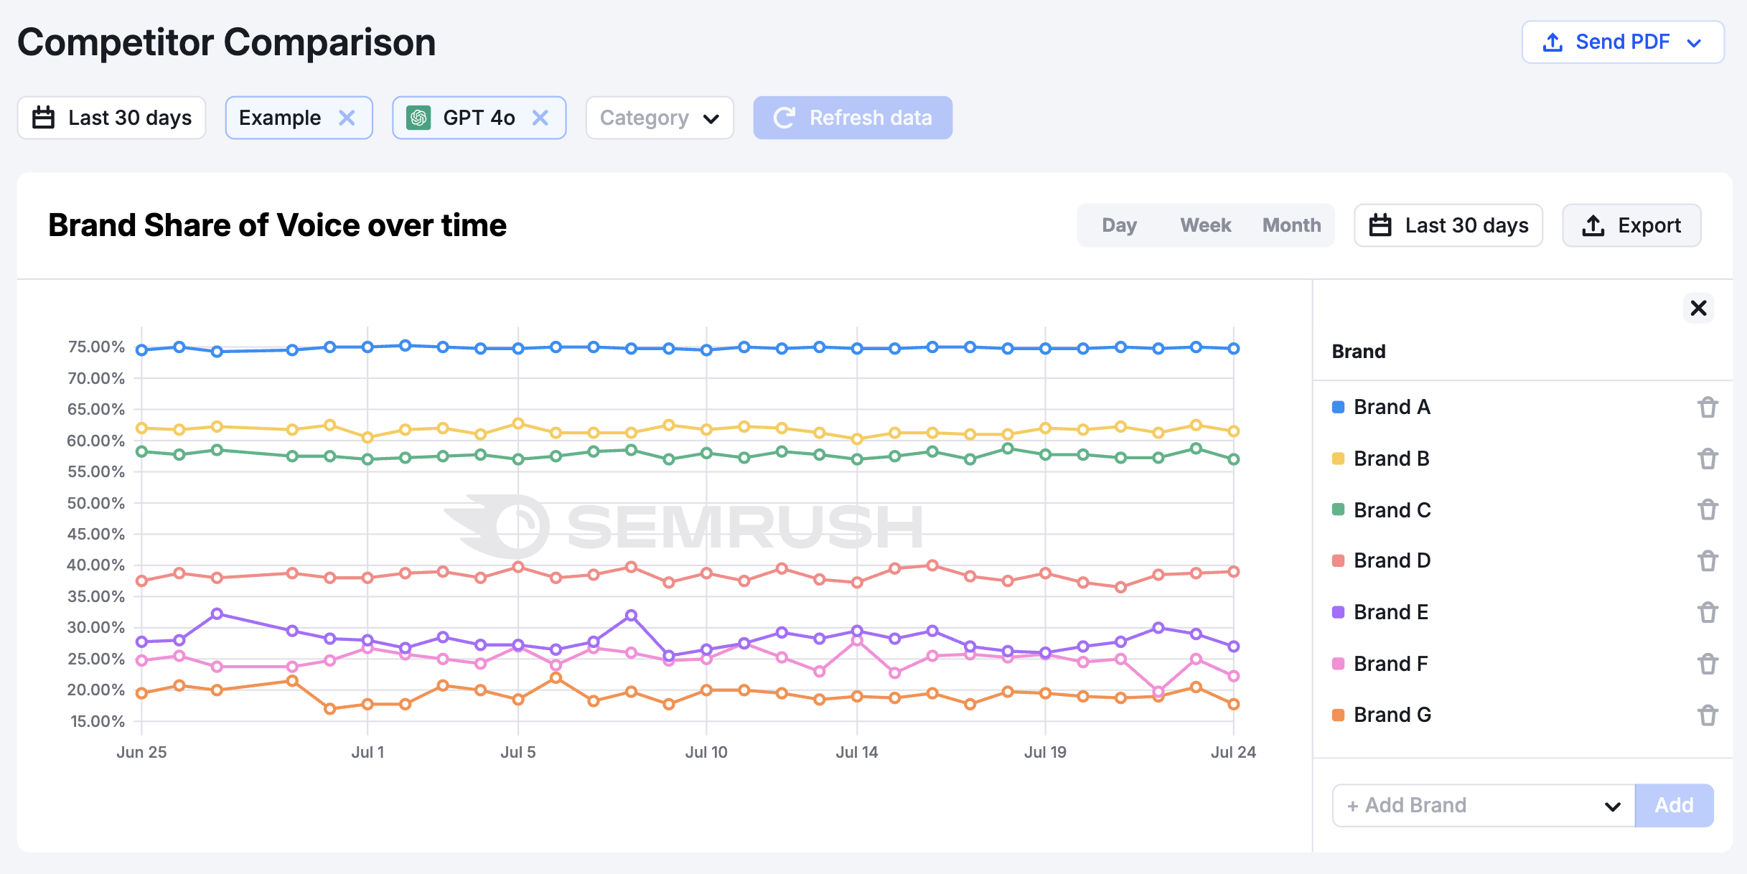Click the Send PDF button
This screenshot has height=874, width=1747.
point(1622,42)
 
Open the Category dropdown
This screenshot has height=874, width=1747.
point(659,118)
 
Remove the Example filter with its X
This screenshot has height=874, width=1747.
point(347,118)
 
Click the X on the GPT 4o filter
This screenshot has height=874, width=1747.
point(540,118)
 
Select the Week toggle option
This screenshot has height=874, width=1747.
point(1205,225)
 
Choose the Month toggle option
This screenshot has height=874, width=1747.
point(1291,225)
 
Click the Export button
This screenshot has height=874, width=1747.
point(1631,225)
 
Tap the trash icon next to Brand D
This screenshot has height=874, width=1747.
point(1708,560)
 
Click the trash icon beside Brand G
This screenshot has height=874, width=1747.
point(1708,715)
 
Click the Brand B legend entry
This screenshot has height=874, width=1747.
point(1390,459)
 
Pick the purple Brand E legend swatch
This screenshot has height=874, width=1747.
point(1338,612)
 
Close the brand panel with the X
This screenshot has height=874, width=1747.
point(1698,309)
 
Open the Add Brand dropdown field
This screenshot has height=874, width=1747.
point(1482,805)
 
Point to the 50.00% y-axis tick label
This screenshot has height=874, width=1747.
point(96,503)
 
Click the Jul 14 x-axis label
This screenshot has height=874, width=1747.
point(856,752)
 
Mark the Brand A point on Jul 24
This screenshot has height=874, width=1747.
point(1233,349)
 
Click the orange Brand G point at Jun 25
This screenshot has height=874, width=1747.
point(142,693)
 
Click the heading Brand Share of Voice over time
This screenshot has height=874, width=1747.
point(277,225)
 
